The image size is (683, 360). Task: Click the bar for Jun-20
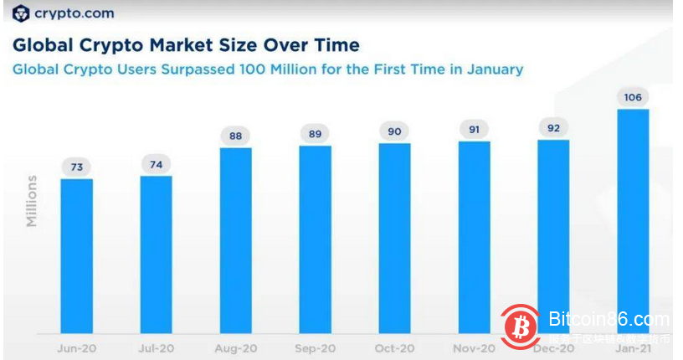coord(76,255)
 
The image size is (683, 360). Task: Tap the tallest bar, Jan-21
coord(633,221)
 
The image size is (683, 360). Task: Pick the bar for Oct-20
coord(394,238)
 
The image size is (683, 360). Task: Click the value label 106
coord(633,98)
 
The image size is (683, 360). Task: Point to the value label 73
coord(76,167)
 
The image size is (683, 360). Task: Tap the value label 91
coord(474,130)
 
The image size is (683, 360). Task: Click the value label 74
coord(156,165)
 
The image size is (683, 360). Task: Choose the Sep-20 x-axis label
coord(315,347)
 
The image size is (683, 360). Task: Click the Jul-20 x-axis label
coord(156,347)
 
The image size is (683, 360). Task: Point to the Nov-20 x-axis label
coord(474,347)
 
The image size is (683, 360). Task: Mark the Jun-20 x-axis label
coord(76,347)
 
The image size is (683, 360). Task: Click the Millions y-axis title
coord(32,201)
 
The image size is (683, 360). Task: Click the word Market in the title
coord(196,44)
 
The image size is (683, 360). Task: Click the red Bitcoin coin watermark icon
coord(521,325)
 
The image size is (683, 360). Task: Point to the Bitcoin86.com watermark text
coord(609,320)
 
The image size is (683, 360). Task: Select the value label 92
coord(553,128)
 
